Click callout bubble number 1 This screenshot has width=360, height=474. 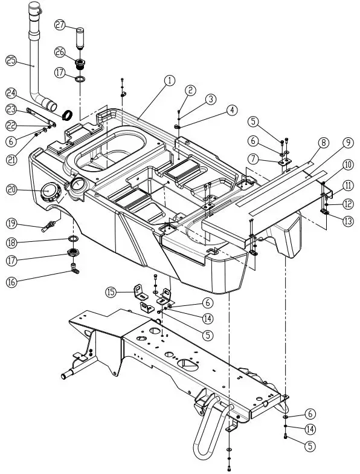[169, 80]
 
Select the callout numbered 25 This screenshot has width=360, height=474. [11, 60]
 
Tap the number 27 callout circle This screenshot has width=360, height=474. [60, 25]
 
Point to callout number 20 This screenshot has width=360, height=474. [11, 189]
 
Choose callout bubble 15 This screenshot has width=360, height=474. [111, 292]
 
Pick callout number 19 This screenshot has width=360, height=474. [11, 222]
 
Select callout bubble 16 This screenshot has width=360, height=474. [11, 282]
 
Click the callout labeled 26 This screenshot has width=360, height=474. [60, 51]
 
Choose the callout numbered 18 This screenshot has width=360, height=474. [11, 242]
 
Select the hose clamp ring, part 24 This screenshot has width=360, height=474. [68, 114]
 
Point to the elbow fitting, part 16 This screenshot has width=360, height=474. [73, 268]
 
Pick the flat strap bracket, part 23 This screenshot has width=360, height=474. [42, 117]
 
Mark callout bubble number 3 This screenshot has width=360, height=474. [210, 99]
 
